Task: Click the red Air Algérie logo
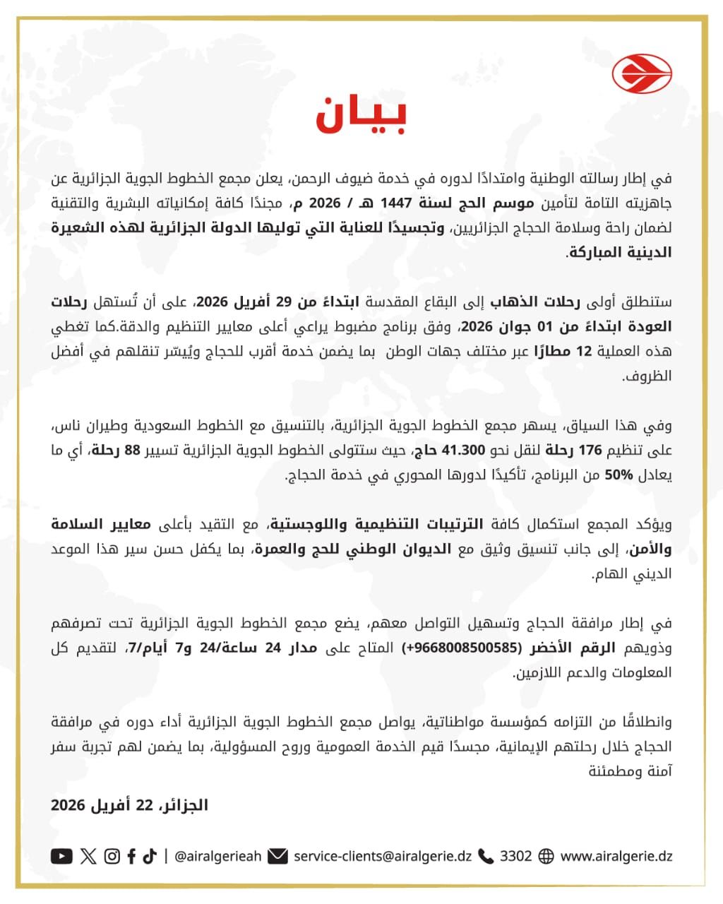coord(642,73)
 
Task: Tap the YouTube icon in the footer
coord(61,856)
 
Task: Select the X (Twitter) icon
coord(88,856)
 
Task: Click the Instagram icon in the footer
coord(112,856)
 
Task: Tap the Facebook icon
coord(132,856)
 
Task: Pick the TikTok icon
coord(149,856)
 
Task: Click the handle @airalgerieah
coord(217,856)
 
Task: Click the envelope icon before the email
coord(277,856)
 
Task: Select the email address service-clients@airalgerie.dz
coord(383,856)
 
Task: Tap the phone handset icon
coord(486,856)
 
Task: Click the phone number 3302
coord(515,856)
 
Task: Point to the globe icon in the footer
coord(546,856)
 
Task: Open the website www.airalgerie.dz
coord(616,856)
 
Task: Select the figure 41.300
coord(463,451)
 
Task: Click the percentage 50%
coord(619,475)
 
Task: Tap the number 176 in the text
coord(590,451)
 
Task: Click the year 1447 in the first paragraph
coord(395,203)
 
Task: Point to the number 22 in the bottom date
coord(144,805)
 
